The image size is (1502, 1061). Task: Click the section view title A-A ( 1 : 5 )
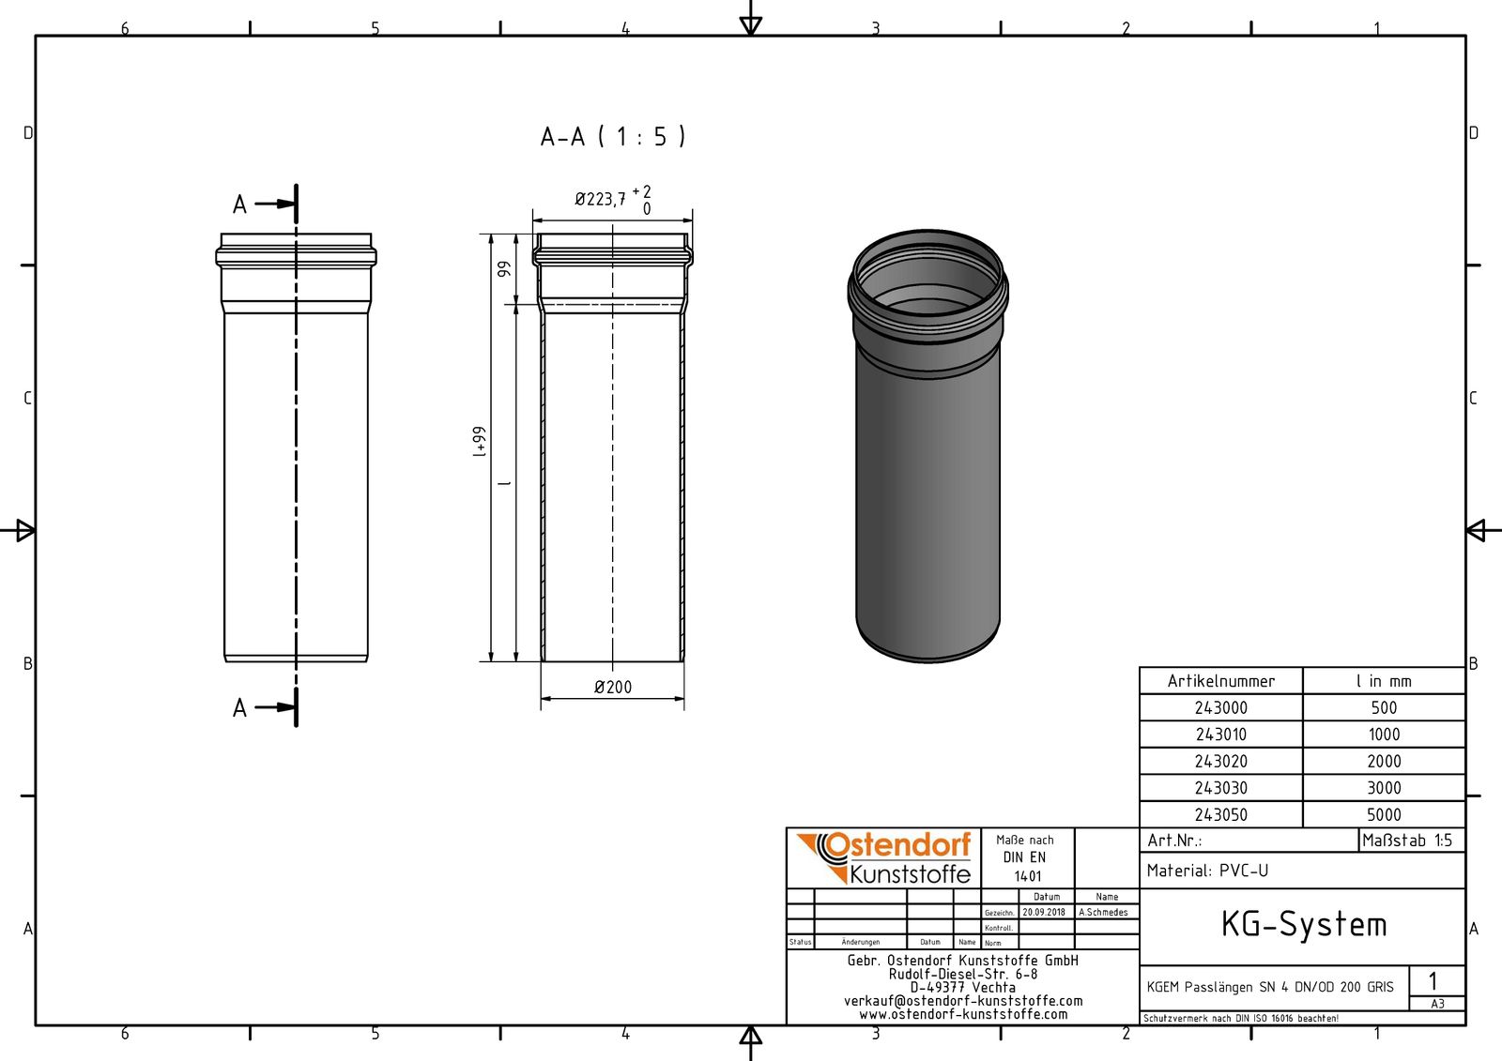(x=613, y=137)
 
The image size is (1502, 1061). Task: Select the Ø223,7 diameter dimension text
(x=602, y=199)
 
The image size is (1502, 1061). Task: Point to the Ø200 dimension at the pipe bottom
(x=612, y=688)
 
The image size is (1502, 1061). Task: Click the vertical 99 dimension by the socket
(x=504, y=268)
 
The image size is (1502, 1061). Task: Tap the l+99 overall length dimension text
(x=479, y=442)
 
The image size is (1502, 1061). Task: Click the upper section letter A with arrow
(x=240, y=204)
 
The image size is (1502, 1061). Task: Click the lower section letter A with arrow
(x=240, y=707)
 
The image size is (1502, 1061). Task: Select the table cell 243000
(x=1220, y=708)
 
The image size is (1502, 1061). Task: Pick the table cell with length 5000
(x=1384, y=815)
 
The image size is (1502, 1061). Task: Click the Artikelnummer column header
(x=1220, y=681)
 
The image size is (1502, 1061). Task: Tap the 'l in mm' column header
(x=1384, y=681)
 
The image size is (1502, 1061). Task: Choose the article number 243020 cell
(x=1220, y=762)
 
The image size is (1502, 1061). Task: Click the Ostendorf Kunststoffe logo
(x=884, y=857)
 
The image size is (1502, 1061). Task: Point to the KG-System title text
(x=1303, y=925)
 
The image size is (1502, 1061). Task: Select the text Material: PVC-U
(x=1207, y=871)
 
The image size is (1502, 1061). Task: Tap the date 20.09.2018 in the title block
(x=1044, y=912)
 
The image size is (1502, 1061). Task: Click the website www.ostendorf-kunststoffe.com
(x=962, y=1014)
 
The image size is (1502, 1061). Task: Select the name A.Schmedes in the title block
(x=1103, y=912)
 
